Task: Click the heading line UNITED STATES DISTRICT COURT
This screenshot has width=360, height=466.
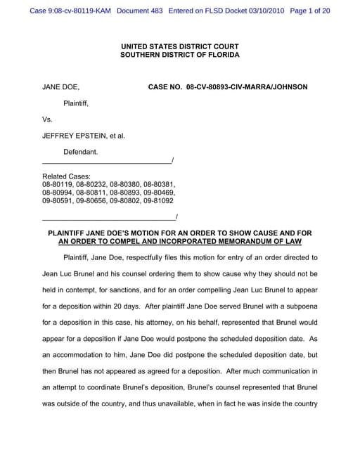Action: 180,46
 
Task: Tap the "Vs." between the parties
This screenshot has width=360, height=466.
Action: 48,119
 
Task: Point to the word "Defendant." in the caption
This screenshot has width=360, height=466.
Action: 81,152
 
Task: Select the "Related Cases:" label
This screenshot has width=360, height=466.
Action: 66,176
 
